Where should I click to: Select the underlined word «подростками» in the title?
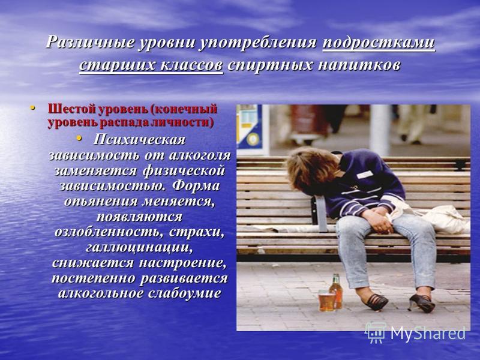tap(379, 42)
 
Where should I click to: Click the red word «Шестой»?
tap(71, 109)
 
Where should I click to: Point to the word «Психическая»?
tap(140, 140)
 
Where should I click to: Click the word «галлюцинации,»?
tap(139, 247)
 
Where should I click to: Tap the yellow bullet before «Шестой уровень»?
tap(32, 108)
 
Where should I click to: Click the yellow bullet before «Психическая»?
tap(79, 139)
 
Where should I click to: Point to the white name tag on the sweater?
tap(365, 175)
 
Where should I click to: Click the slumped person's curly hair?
tap(311, 169)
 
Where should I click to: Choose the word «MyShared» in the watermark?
tap(428, 333)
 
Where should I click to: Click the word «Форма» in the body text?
tap(196, 186)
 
